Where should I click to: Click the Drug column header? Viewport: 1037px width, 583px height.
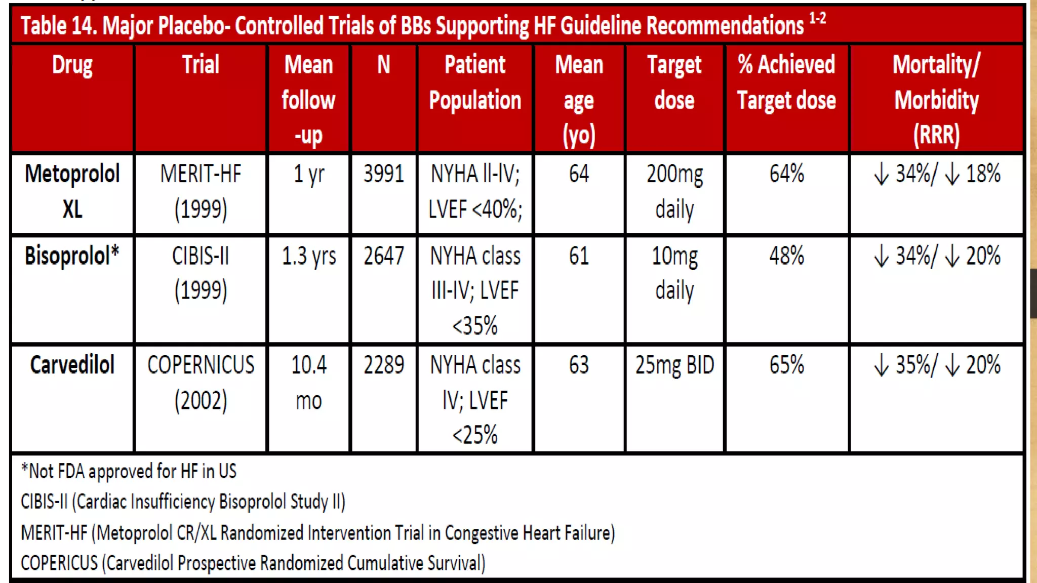click(72, 65)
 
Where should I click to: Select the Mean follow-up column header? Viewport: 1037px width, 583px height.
click(308, 100)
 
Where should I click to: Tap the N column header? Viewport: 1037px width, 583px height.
click(383, 65)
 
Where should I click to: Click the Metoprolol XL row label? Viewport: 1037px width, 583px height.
click(72, 191)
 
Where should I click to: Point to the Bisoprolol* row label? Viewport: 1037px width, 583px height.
click(72, 256)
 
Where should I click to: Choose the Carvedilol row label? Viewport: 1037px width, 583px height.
click(72, 365)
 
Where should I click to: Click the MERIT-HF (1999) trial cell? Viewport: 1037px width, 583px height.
click(201, 191)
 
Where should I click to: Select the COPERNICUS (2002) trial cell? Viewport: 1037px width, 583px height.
click(201, 383)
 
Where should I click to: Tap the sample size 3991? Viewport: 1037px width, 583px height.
click(383, 174)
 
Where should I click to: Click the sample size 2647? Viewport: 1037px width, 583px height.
click(383, 256)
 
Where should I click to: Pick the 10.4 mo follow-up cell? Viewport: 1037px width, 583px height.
click(308, 383)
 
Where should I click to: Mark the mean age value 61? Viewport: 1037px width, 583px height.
click(579, 256)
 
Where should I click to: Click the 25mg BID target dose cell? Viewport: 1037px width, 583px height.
click(674, 365)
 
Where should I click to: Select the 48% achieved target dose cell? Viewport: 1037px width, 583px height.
click(786, 256)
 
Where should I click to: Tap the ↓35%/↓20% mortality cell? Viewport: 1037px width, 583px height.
click(937, 365)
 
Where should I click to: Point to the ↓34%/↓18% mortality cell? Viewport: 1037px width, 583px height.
click(937, 174)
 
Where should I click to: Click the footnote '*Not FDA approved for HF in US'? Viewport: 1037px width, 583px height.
click(129, 471)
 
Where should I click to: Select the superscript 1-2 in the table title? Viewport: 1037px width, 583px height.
click(817, 19)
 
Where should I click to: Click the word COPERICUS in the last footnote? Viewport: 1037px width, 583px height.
click(59, 563)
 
